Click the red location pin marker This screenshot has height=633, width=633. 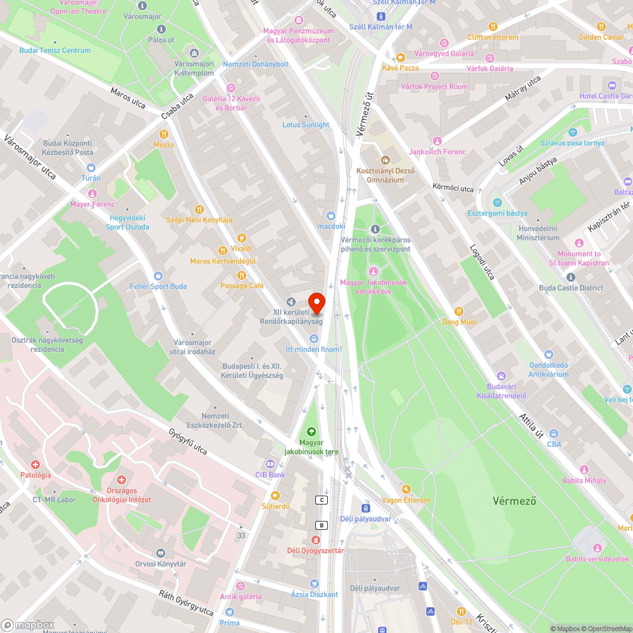coord(316,303)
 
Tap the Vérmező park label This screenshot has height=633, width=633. coord(515,501)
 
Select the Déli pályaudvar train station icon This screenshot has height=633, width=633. coord(365,508)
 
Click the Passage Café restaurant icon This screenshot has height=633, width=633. coord(242,275)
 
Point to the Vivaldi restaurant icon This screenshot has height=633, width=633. coord(223,250)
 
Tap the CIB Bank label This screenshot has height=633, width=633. coord(270,475)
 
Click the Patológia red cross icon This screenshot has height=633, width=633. coord(35,464)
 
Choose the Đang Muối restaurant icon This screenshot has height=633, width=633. coord(460,311)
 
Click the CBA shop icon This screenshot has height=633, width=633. coord(554,434)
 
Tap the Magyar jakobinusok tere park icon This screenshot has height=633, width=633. coord(311,432)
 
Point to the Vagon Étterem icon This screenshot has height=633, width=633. coord(406,489)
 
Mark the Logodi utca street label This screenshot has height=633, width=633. coord(482,261)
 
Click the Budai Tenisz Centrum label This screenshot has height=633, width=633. coord(55,51)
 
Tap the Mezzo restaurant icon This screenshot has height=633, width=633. coord(164,134)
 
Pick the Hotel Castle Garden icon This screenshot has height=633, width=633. coord(611,85)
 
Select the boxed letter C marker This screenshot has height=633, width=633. coord(322,500)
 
